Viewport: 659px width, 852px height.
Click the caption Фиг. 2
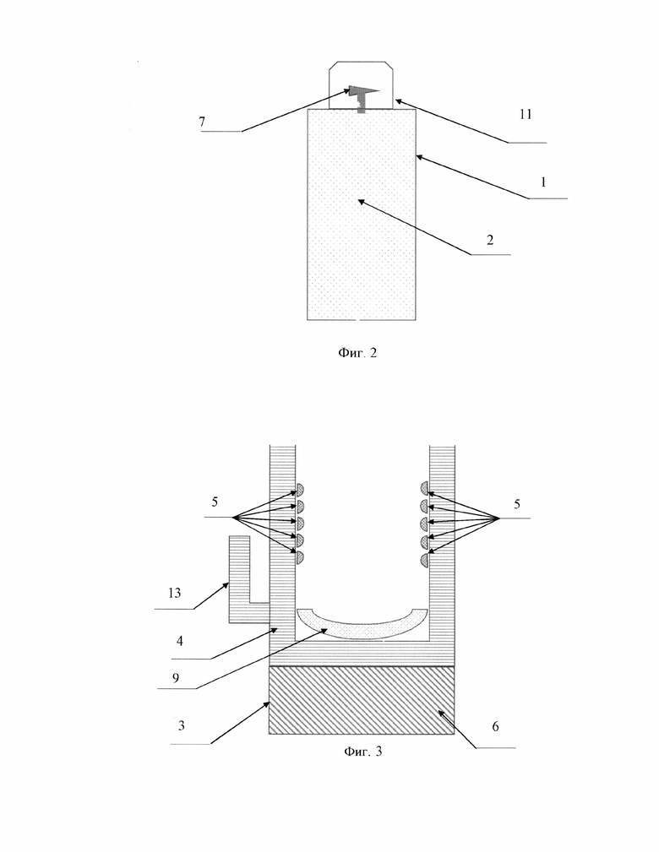coord(357,353)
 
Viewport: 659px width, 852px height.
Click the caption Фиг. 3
coord(362,752)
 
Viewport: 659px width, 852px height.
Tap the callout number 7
coord(202,122)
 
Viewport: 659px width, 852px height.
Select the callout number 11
coord(526,114)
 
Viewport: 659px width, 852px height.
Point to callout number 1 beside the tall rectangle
coord(542,182)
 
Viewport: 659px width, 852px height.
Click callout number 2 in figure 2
coord(490,240)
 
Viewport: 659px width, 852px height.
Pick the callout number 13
coord(174,593)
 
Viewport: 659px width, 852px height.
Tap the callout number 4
coord(179,641)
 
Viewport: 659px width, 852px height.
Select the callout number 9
coord(175,677)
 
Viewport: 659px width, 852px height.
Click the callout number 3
coord(181,725)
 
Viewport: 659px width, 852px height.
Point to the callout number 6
coord(495,726)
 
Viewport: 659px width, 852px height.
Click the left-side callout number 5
coord(215,502)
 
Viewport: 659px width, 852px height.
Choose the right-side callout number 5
coord(516,504)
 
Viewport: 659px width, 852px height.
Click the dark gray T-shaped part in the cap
coord(362,96)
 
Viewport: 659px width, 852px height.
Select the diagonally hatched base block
coord(362,700)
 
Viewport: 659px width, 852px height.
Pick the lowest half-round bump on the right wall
coord(424,560)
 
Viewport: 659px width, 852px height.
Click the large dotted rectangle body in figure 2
coord(362,214)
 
